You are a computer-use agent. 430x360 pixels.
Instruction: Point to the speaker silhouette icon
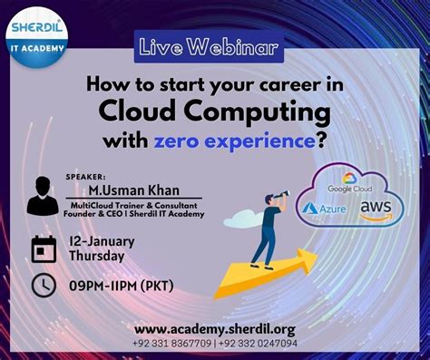pos(42,195)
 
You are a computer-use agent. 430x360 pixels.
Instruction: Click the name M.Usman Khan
pos(133,190)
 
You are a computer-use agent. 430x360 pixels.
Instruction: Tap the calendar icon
pos(44,248)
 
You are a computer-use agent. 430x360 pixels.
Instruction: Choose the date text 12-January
pos(102,241)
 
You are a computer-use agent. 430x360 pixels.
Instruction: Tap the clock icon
pos(44,286)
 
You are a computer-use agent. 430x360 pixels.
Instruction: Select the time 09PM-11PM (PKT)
pos(122,287)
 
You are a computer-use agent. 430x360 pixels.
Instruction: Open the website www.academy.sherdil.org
pos(214,328)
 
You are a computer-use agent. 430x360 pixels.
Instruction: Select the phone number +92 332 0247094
pos(257,344)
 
